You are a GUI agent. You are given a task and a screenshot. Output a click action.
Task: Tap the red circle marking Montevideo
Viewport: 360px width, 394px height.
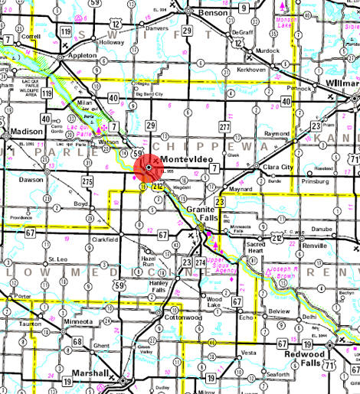pyautogui.click(x=148, y=168)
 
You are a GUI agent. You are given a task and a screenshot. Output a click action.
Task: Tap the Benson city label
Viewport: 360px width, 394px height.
pyautogui.click(x=212, y=13)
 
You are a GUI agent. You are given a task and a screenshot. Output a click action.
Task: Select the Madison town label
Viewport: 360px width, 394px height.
pyautogui.click(x=25, y=131)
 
